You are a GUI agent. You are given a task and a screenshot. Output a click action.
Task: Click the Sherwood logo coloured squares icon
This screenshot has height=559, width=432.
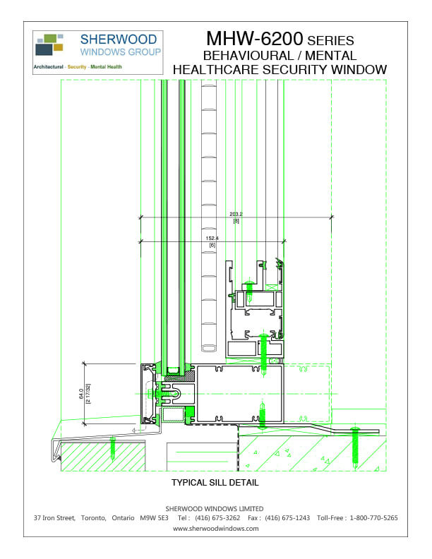click(x=49, y=44)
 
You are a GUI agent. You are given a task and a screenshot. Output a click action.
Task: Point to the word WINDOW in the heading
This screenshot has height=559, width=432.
click(x=356, y=69)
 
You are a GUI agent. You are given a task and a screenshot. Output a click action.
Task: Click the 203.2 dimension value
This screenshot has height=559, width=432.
click(x=236, y=214)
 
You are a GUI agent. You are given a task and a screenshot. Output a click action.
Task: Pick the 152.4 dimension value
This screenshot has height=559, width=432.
click(x=212, y=238)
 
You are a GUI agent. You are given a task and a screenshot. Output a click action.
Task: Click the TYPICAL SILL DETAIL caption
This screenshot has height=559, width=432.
click(x=215, y=483)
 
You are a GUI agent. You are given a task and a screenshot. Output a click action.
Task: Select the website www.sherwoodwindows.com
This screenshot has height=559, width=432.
click(x=215, y=528)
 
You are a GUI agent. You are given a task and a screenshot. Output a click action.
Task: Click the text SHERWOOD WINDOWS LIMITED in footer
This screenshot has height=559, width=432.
click(x=215, y=508)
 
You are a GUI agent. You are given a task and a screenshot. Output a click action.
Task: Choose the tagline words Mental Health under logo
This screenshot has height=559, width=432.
click(x=106, y=67)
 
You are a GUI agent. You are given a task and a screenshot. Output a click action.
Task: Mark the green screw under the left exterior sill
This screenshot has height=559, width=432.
click(x=112, y=447)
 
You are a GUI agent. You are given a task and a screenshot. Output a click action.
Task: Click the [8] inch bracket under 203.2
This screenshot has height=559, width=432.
click(x=236, y=221)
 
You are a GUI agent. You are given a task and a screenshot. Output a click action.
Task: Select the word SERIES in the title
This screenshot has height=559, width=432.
click(x=330, y=40)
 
